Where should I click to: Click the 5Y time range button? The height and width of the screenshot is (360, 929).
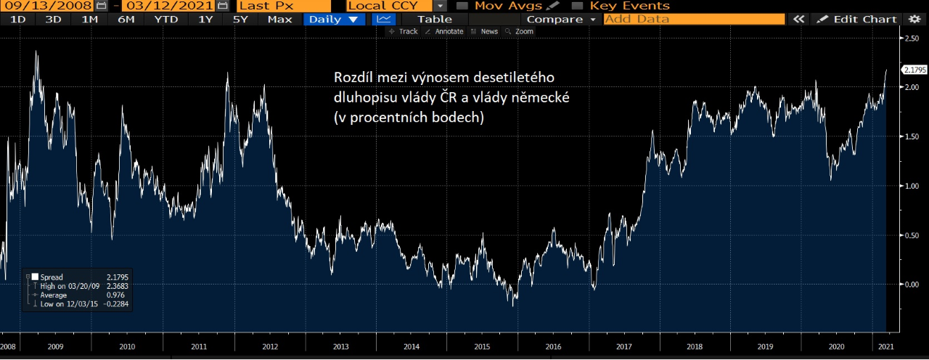coord(240,19)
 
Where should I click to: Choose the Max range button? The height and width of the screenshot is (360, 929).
coord(279,19)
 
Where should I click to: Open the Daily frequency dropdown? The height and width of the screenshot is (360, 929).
coord(333,19)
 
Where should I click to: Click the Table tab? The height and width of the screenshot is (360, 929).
coord(435,19)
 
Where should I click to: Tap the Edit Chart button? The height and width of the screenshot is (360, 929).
coord(859,19)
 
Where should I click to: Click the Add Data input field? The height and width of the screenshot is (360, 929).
coord(693,19)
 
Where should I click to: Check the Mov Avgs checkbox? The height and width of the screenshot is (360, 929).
coord(462,6)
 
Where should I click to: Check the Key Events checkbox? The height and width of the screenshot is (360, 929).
coord(577,6)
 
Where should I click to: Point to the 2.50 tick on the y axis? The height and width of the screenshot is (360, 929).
coord(910,38)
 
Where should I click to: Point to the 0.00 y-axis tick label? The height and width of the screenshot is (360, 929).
coord(910,285)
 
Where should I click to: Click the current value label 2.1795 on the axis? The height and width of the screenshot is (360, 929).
coord(914,70)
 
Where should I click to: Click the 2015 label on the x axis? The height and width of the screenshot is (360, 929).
coord(482,347)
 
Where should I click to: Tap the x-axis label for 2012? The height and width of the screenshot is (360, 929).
coord(269,347)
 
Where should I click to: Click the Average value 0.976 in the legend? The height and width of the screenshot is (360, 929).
coord(115,295)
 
